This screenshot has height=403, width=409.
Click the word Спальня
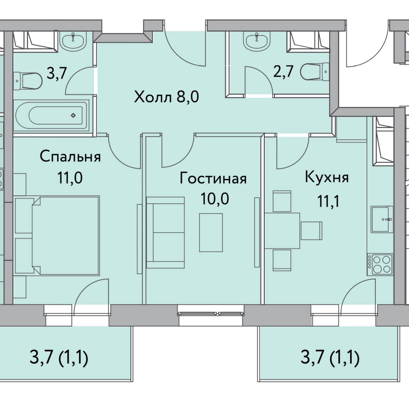[70, 157]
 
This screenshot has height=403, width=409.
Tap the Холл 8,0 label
[166, 97]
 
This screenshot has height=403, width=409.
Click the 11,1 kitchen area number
[328, 201]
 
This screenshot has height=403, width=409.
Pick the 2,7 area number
[283, 72]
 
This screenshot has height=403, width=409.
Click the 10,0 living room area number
[215, 199]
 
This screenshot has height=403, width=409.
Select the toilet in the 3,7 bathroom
[28, 81]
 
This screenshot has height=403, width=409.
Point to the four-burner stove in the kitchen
[380, 264]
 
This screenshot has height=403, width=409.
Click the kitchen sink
[382, 219]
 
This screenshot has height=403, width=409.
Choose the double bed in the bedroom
[66, 235]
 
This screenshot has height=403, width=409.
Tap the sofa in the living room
[165, 233]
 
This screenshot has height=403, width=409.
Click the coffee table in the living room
[211, 233]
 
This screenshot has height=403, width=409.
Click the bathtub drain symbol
[73, 115]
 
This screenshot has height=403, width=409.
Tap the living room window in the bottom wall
[211, 313]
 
